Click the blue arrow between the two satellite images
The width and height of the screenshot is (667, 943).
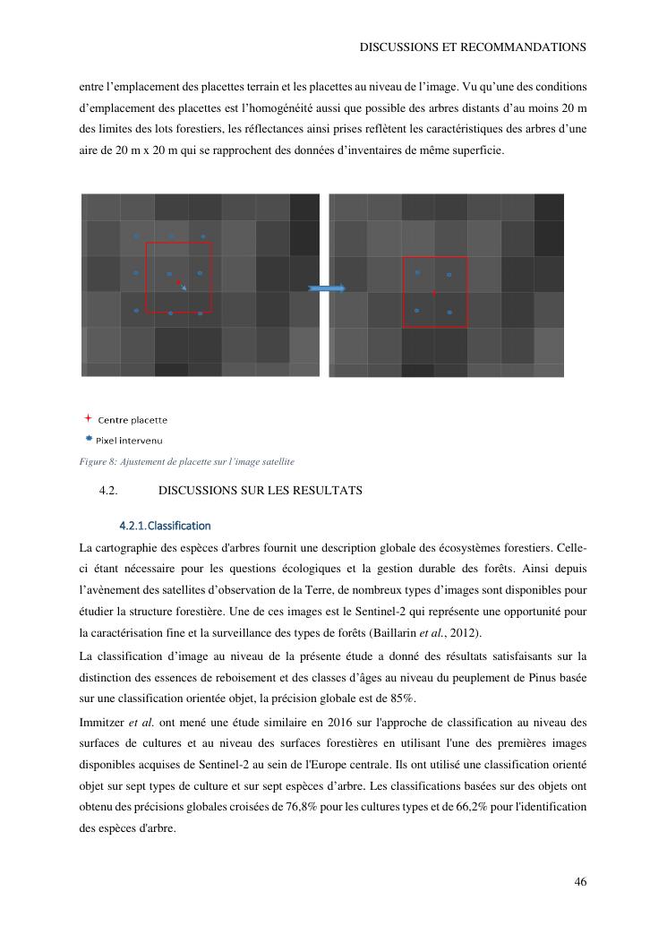tap(327, 288)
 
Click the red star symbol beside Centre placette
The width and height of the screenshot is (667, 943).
tap(88, 418)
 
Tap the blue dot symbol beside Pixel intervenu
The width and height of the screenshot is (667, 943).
tap(89, 439)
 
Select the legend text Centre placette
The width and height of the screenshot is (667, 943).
tap(133, 420)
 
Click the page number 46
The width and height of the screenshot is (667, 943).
tap(580, 882)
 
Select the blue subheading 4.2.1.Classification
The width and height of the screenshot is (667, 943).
tap(165, 525)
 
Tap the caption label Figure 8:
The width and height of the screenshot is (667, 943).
tap(98, 462)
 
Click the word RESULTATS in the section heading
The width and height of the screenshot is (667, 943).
tap(328, 491)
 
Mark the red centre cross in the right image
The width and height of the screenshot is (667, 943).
tap(434, 293)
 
